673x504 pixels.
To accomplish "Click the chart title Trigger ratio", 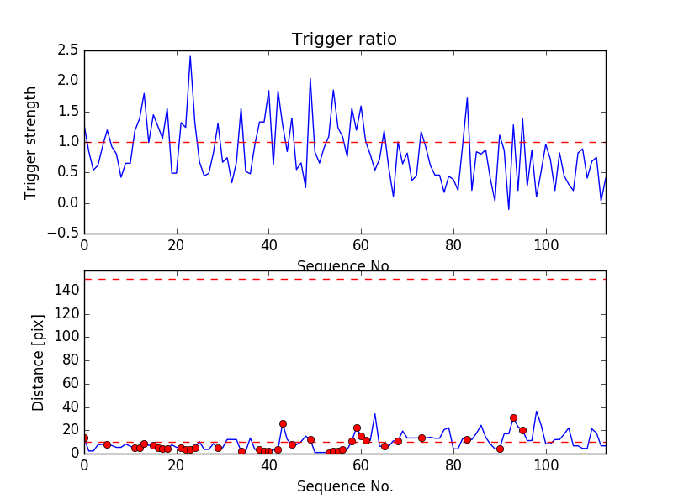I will tap(344, 39).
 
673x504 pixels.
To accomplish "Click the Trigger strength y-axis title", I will tap(31, 142).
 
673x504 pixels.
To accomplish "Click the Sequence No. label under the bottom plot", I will tap(344, 486).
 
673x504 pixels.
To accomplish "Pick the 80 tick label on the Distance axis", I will tap(68, 360).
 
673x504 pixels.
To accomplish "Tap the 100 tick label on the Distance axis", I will tap(65, 337).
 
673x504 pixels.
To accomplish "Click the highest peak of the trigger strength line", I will tap(190, 56).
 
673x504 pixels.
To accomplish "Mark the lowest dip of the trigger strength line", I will tap(508, 209).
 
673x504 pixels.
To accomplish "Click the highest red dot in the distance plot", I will tap(513, 417).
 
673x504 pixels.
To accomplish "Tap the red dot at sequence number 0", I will tap(84, 438).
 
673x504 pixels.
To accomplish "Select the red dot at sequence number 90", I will tap(500, 449).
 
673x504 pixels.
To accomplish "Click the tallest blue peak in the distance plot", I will tap(537, 412).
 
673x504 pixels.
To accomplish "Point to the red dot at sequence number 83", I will tap(467, 439).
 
